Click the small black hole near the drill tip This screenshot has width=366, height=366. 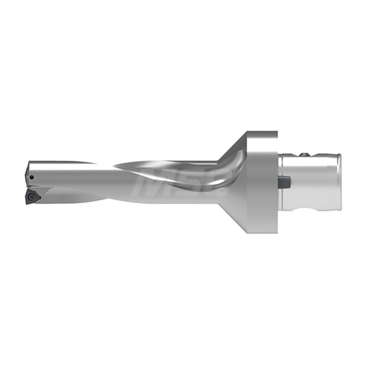[32, 178]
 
